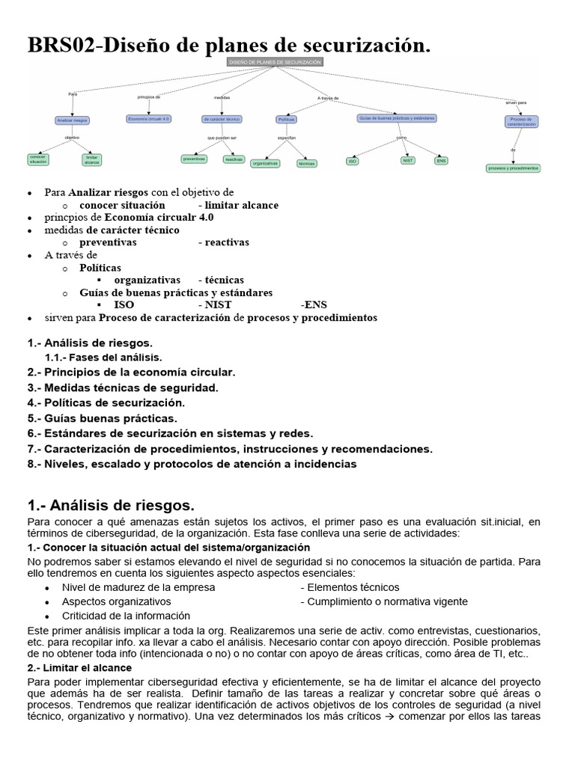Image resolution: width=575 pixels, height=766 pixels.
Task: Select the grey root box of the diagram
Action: point(275,61)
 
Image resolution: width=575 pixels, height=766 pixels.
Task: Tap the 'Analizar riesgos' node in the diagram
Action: point(72,120)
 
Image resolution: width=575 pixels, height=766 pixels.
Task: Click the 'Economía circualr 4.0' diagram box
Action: point(149,118)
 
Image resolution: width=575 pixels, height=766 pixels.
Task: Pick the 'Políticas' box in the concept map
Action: point(286,119)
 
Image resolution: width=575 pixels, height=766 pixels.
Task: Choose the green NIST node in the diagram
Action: point(408,160)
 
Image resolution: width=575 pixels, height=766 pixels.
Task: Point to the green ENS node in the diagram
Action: point(442,160)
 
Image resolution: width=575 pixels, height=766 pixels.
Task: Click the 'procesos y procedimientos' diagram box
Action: point(513,168)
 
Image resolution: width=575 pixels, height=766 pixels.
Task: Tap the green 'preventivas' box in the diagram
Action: point(194,159)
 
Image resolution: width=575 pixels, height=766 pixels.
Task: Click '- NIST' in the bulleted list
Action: point(215,305)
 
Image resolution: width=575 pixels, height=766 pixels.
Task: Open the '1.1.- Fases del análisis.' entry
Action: point(103,358)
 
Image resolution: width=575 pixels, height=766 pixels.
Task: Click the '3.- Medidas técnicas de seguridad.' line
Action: point(123,387)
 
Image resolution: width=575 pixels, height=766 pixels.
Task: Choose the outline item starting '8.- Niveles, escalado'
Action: point(192,464)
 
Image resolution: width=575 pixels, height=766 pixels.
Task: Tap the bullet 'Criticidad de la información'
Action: point(126,616)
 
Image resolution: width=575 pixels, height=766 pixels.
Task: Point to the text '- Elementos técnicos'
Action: point(350,587)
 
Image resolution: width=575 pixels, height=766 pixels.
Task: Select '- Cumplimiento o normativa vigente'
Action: point(384,601)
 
